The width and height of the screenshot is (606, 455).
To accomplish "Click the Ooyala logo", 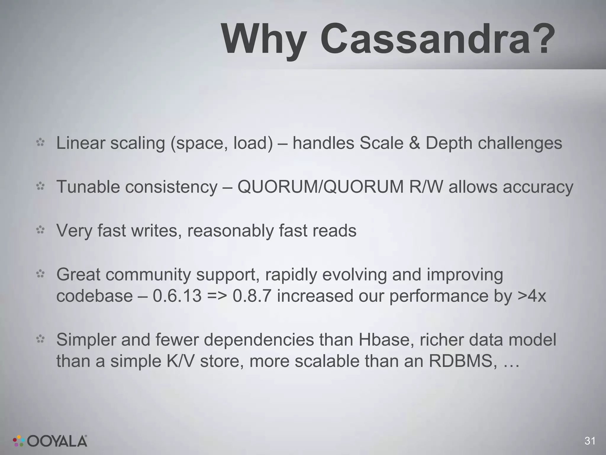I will [x=50, y=440].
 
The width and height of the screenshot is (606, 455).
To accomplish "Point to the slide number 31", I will [x=590, y=441].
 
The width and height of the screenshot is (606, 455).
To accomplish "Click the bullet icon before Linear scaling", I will [x=40, y=142].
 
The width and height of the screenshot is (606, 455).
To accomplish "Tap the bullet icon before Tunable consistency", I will [x=40, y=186].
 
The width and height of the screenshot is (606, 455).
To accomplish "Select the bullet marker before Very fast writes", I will [x=40, y=230].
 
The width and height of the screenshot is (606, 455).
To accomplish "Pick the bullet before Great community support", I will [x=40, y=274].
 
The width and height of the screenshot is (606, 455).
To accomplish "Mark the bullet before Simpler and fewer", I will [x=40, y=339].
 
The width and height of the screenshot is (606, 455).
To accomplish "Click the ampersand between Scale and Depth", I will [x=414, y=143].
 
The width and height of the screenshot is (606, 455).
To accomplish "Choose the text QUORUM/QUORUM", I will [x=320, y=187].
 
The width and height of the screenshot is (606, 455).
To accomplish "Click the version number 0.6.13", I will [x=177, y=296].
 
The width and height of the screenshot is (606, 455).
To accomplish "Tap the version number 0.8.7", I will [x=252, y=296].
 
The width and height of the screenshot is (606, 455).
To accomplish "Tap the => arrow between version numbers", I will [x=217, y=296].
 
